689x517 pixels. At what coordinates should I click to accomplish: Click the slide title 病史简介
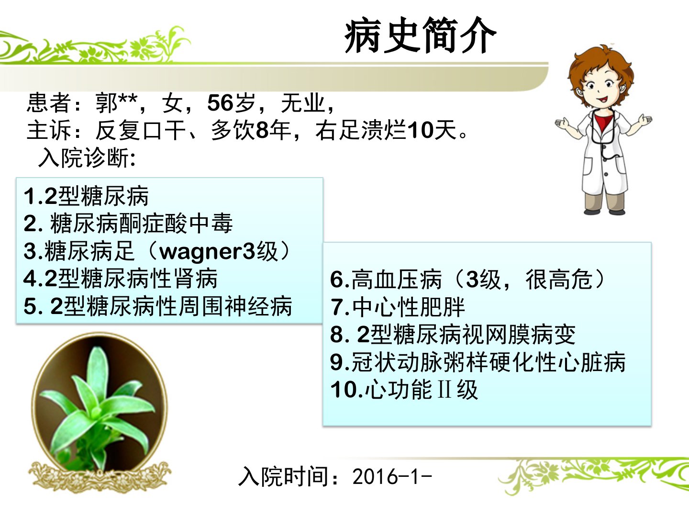[x=420, y=35]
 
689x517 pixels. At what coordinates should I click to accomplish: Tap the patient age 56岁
[x=231, y=102]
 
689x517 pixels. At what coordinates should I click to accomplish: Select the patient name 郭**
[x=116, y=102]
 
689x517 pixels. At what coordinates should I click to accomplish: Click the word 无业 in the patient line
[x=302, y=102]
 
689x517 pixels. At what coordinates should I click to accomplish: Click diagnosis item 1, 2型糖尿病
[x=86, y=196]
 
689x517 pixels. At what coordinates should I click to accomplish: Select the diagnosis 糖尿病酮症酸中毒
[x=141, y=224]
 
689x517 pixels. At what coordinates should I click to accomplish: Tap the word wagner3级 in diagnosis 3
[x=219, y=251]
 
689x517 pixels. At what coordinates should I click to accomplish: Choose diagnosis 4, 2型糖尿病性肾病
[x=121, y=279]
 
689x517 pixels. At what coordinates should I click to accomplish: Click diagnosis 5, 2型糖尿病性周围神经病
[x=158, y=306]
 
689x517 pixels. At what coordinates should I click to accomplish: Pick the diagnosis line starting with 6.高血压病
[x=467, y=279]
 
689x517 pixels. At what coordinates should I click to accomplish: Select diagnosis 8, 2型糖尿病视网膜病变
[x=453, y=334]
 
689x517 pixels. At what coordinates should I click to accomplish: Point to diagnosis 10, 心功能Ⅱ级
[x=404, y=390]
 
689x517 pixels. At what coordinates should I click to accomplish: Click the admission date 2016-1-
[x=392, y=477]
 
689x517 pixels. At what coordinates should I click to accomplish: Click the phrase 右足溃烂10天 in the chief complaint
[x=386, y=130]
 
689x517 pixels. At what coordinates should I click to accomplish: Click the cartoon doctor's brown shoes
[x=604, y=211]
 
